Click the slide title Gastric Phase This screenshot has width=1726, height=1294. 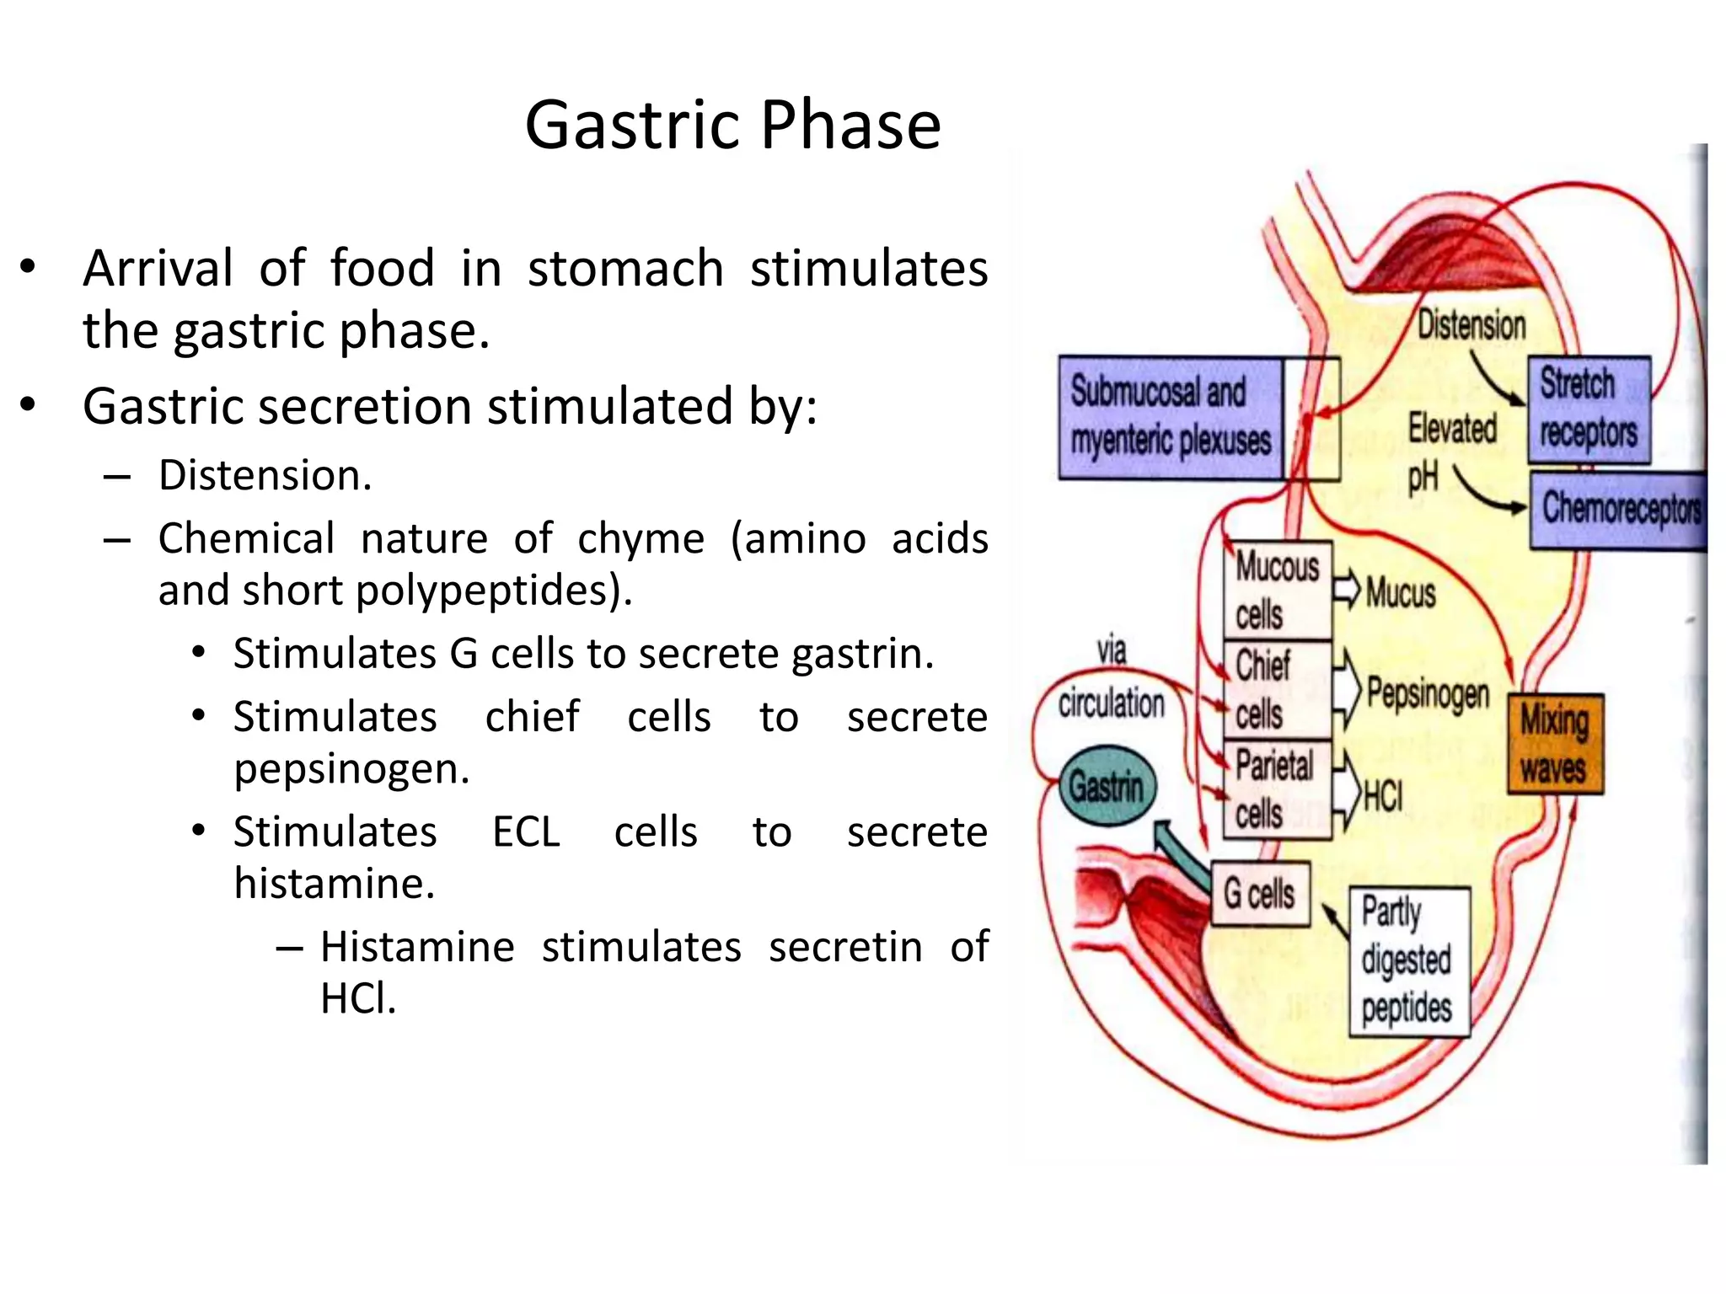(732, 125)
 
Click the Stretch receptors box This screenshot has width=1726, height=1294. (1589, 409)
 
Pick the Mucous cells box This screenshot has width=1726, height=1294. (1278, 590)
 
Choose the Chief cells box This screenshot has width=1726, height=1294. (1278, 689)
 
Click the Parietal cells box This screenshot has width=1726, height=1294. (1278, 789)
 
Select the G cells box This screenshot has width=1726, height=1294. (1260, 894)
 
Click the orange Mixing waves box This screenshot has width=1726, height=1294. (1555, 744)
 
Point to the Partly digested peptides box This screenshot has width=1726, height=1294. (1408, 960)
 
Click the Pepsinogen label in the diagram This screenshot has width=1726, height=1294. (1428, 693)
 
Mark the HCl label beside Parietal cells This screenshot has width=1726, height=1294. (1383, 794)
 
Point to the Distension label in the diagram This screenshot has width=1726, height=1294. (1471, 325)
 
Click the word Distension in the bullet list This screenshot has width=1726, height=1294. (265, 475)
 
